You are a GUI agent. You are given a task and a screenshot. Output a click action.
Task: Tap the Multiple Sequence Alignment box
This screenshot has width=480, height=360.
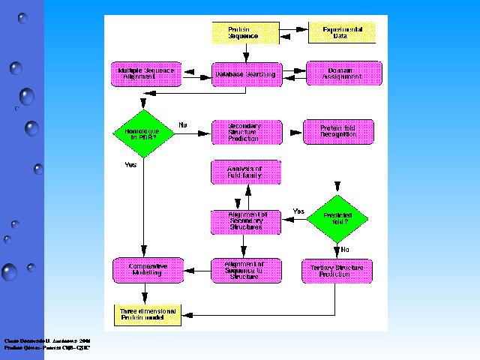145,73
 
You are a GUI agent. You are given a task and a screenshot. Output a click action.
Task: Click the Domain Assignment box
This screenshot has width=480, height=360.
344,73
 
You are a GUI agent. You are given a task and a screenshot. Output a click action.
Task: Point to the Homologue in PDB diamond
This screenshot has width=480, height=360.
142,132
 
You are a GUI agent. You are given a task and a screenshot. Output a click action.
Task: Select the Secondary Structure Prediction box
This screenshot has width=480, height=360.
247,132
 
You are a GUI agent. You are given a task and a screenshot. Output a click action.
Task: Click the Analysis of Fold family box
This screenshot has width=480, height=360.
247,173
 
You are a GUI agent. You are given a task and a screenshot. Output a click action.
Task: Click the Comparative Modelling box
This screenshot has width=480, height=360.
147,270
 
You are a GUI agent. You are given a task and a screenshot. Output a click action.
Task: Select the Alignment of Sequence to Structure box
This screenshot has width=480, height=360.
247,270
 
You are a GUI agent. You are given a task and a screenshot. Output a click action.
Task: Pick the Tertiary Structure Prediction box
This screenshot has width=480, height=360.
337,271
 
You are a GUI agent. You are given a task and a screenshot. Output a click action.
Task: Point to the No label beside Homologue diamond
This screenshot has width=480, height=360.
183,124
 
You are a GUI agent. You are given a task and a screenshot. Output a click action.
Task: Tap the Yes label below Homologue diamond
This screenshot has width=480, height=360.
130,163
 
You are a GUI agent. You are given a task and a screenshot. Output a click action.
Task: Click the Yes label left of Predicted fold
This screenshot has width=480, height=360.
298,211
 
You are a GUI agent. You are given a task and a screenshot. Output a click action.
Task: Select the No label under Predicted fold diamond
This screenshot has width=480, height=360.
345,249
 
